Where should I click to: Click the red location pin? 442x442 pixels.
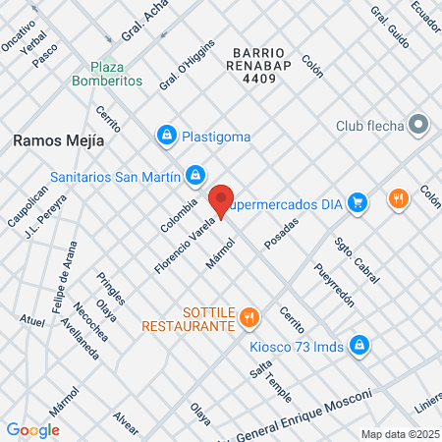[222, 200]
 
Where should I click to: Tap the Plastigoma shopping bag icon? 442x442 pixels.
[168, 135]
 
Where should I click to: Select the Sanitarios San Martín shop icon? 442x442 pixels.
[196, 176]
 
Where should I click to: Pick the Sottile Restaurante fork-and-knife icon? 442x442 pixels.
[249, 317]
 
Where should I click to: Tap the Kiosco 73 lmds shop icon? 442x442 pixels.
[360, 344]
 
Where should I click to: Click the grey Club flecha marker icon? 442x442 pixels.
[419, 125]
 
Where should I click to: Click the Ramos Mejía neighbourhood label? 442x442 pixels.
[59, 140]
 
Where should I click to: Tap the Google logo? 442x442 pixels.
[33, 429]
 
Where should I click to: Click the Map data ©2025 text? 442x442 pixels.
[400, 433]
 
